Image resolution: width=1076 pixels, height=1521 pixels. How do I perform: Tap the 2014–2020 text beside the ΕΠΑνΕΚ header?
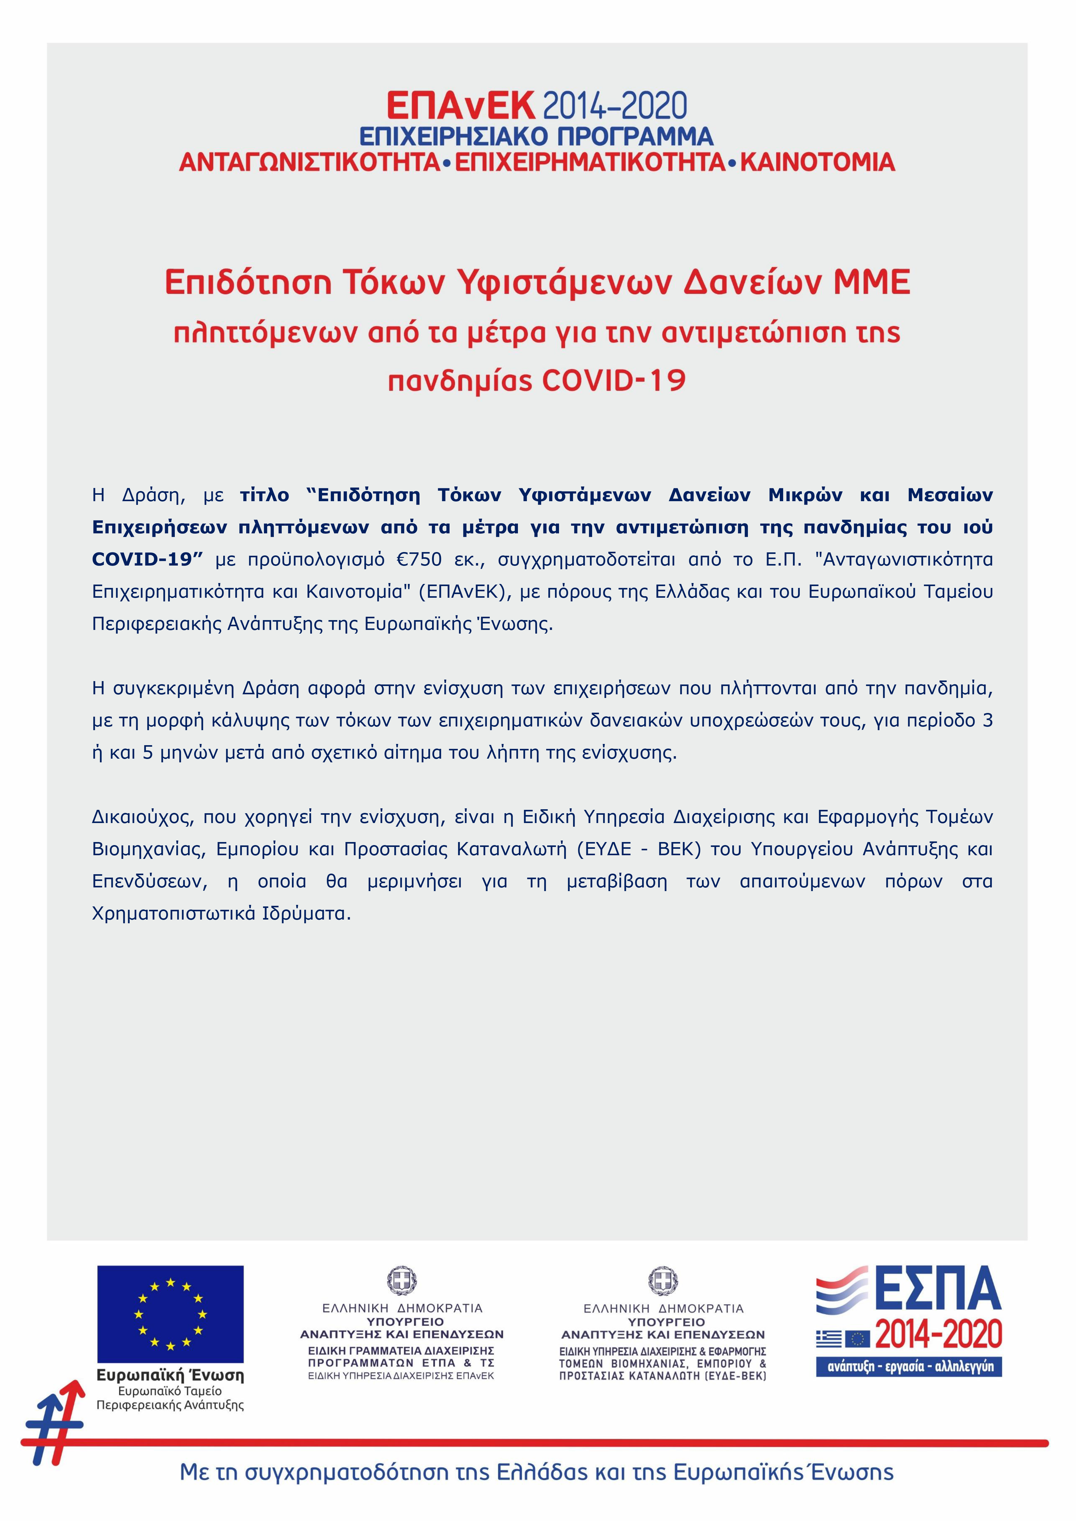[x=614, y=106]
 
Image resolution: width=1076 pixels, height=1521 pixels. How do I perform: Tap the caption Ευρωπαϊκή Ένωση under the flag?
[x=170, y=1376]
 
